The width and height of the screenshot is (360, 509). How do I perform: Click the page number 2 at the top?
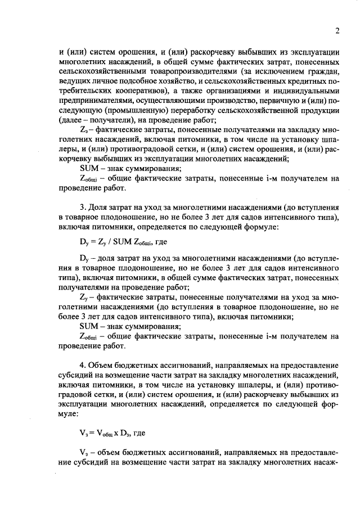(x=336, y=31)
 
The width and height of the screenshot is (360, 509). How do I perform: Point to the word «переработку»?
(x=181, y=111)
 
